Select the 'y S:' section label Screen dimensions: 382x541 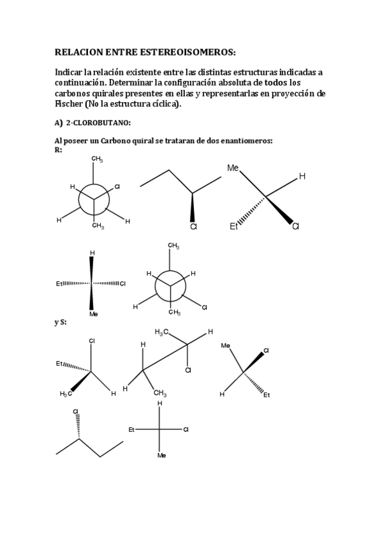click(x=61, y=322)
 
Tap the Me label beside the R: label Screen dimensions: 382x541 click(x=233, y=168)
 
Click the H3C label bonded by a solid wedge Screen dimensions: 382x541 click(x=66, y=394)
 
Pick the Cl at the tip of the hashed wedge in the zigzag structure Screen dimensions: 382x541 click(x=75, y=411)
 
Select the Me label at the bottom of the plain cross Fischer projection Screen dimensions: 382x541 click(x=161, y=456)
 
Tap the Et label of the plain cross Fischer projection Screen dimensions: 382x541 click(x=132, y=429)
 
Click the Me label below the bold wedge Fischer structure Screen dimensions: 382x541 click(x=93, y=314)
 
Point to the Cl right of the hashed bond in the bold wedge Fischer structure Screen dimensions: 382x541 click(x=122, y=283)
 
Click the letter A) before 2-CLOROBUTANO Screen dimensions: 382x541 click(x=59, y=123)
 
